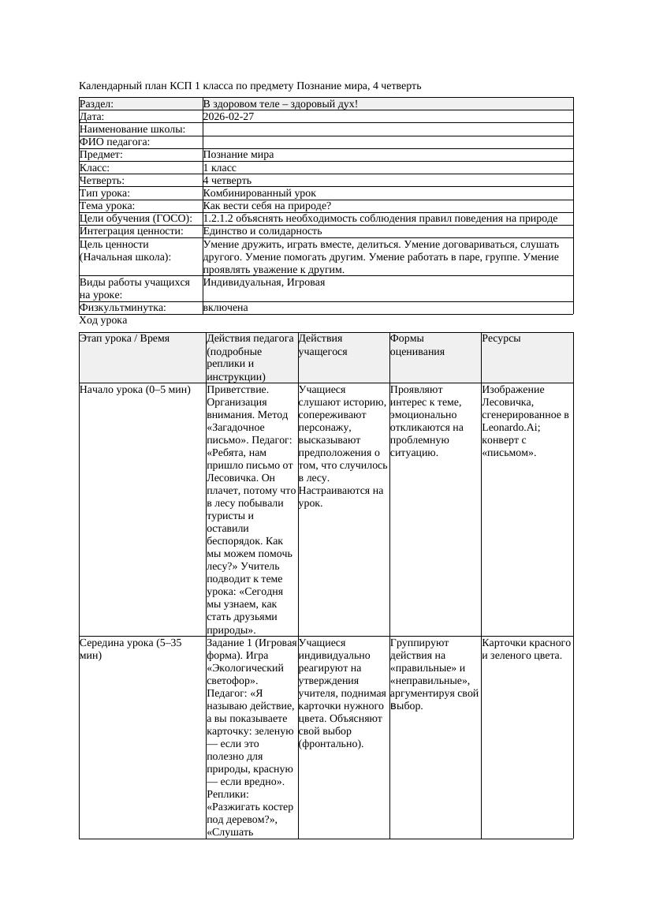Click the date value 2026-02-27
229,116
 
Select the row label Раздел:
97,103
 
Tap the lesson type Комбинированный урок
259,192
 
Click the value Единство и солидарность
263,231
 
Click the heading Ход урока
103,320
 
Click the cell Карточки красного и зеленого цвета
526,648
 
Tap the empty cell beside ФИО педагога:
387,142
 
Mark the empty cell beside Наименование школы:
387,129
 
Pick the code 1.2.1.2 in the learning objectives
222,219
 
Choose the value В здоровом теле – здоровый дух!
281,103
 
